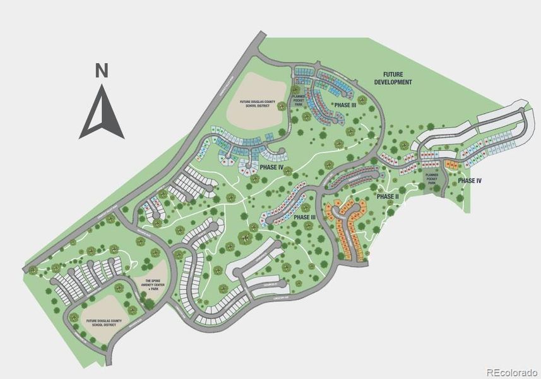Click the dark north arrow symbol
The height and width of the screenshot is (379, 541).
[x=101, y=114]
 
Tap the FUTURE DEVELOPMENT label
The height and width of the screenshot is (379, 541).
[x=393, y=78]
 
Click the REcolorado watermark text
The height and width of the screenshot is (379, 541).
[x=511, y=371]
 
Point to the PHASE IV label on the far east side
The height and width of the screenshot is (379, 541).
[x=470, y=181]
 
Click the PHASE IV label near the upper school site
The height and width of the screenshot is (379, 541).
[x=270, y=167]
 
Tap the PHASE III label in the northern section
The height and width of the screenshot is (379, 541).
[x=345, y=105]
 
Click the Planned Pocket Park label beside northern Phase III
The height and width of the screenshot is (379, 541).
[x=299, y=99]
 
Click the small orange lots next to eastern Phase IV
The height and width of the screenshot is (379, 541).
[x=451, y=165]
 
